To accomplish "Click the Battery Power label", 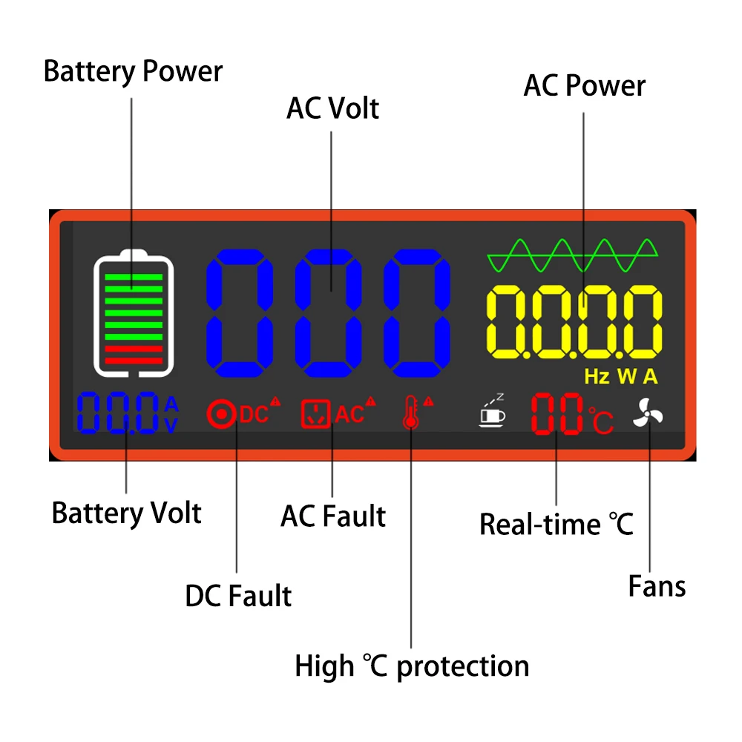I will (x=133, y=72).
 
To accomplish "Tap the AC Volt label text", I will (x=332, y=108).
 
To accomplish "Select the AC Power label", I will (x=585, y=85).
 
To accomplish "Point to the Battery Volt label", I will (x=126, y=513).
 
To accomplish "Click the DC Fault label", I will (x=238, y=596).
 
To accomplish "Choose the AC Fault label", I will (x=333, y=516).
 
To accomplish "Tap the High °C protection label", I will (x=412, y=666).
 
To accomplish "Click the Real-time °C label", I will (x=556, y=524).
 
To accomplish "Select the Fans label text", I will (x=657, y=586).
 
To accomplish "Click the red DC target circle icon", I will (x=220, y=413).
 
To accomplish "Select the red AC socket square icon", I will (x=315, y=413).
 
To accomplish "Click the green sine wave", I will (x=572, y=256).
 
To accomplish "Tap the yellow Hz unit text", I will (x=597, y=377).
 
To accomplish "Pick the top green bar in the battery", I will (x=134, y=277).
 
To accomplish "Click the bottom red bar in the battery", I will (x=134, y=361).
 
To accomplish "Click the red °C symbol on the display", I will (x=601, y=420).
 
